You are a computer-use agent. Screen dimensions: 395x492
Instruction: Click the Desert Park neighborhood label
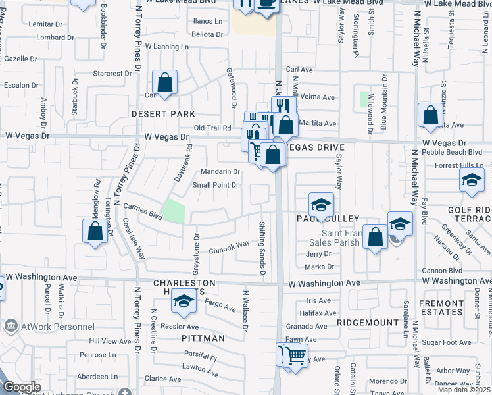(163, 114)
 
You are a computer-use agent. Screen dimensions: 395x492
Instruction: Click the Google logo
(22, 387)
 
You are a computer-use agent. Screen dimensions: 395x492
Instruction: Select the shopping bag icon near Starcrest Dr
(164, 84)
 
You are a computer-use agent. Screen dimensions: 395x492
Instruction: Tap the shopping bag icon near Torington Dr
(95, 231)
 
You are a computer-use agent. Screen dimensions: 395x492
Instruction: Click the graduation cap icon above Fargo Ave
(184, 302)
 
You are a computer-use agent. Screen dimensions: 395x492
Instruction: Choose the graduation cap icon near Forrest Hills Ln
(472, 180)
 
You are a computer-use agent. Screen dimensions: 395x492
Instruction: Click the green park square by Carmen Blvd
(174, 211)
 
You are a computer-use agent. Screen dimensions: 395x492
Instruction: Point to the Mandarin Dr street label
(221, 172)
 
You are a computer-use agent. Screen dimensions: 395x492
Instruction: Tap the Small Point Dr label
(215, 185)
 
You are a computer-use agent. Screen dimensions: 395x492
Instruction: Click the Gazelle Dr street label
(20, 59)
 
